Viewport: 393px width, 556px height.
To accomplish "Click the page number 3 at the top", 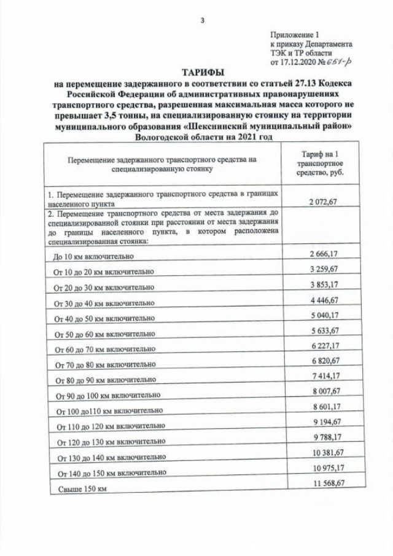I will [202, 21].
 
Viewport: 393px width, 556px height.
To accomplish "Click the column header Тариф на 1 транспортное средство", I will [319, 163].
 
